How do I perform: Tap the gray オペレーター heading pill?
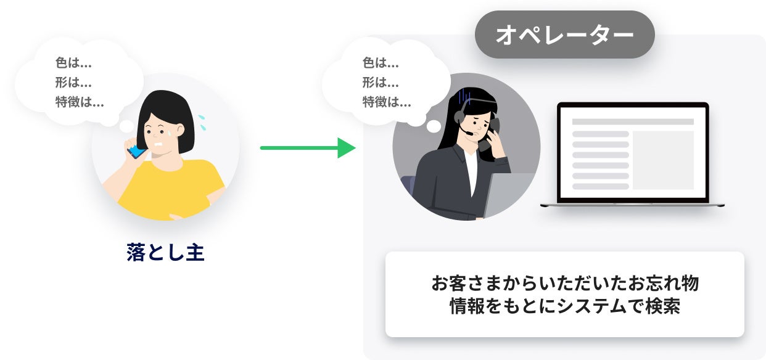pyautogui.click(x=564, y=35)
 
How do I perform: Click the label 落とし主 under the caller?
pyautogui.click(x=165, y=253)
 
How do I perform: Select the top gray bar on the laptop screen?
pyautogui.click(x=633, y=121)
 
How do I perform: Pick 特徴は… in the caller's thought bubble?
pyautogui.click(x=80, y=102)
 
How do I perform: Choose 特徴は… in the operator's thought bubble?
pyautogui.click(x=387, y=102)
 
